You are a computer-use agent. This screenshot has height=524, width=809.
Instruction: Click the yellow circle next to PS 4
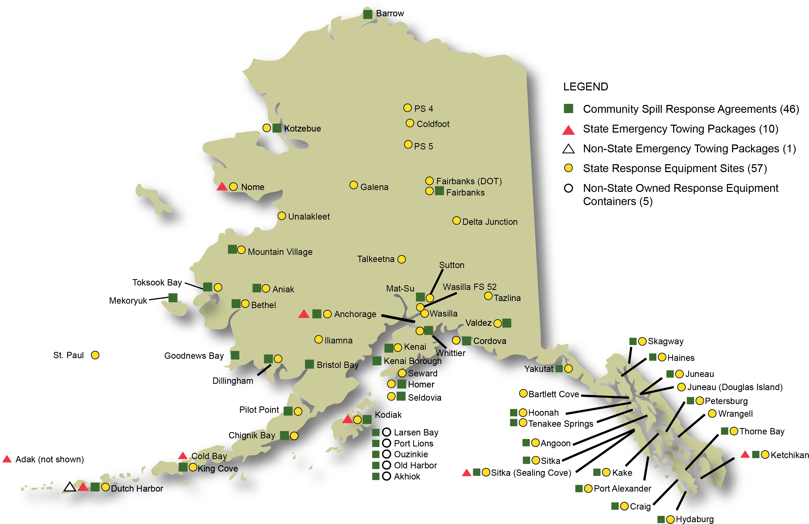pos(407,108)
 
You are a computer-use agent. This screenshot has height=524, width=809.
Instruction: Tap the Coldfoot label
pos(433,124)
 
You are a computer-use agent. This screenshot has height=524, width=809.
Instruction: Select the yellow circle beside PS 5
pos(408,144)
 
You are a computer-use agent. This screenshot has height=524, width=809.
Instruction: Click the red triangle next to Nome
pos(222,187)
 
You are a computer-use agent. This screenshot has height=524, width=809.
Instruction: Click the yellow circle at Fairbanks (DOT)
pos(429,181)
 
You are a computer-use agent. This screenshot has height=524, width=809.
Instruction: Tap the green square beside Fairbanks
pos(439,191)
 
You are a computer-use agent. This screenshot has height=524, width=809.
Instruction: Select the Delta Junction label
pos(490,222)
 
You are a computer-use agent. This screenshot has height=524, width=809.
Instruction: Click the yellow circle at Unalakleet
pos(282,216)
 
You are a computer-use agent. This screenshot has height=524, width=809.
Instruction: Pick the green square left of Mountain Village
pos(232,249)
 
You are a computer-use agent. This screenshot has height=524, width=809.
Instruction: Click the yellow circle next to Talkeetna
pos(401,259)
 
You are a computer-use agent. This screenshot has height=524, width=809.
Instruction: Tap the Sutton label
pos(451,265)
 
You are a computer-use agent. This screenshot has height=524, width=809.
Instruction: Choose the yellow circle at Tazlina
pos(488,296)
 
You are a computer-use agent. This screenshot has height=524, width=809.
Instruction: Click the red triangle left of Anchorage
pos(304,314)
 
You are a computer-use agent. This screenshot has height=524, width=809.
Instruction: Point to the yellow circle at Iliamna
pos(318,339)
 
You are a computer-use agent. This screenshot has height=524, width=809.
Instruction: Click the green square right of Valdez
pos(506,323)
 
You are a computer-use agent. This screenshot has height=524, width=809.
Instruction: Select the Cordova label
pos(490,341)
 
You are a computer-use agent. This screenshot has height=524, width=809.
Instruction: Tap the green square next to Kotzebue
pos(277,128)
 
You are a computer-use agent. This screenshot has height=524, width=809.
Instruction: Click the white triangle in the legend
pos(568,149)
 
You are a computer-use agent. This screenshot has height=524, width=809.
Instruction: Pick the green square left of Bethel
pos(236,303)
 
